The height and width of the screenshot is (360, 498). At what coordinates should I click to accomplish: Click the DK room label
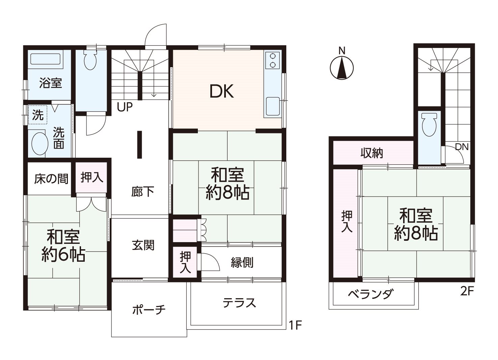tap(222, 92)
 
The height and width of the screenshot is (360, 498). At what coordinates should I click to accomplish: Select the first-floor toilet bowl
tap(90, 59)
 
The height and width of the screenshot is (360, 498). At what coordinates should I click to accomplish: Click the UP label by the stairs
tap(125, 107)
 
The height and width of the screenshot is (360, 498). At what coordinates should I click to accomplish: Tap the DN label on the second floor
tap(462, 147)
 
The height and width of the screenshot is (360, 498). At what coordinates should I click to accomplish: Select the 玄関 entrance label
tap(143, 245)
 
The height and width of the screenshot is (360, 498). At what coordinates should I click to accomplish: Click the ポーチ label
tap(149, 310)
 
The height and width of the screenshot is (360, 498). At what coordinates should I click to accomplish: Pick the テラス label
tap(239, 303)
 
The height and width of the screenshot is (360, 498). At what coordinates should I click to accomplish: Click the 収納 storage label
tap(372, 153)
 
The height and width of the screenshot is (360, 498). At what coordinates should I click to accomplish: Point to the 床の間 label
tap(51, 179)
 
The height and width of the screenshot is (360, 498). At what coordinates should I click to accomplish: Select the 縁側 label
tap(242, 263)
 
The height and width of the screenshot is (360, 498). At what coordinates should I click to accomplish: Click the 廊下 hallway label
tap(142, 192)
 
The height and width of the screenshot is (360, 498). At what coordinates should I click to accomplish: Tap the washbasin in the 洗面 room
tap(40, 144)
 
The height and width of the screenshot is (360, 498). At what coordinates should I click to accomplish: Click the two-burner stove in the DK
tap(273, 60)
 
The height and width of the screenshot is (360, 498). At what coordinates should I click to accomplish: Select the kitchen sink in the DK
tap(273, 106)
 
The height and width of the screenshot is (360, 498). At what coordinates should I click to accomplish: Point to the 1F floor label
tap(295, 326)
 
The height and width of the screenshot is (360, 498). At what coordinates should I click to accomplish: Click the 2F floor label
tap(467, 291)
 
